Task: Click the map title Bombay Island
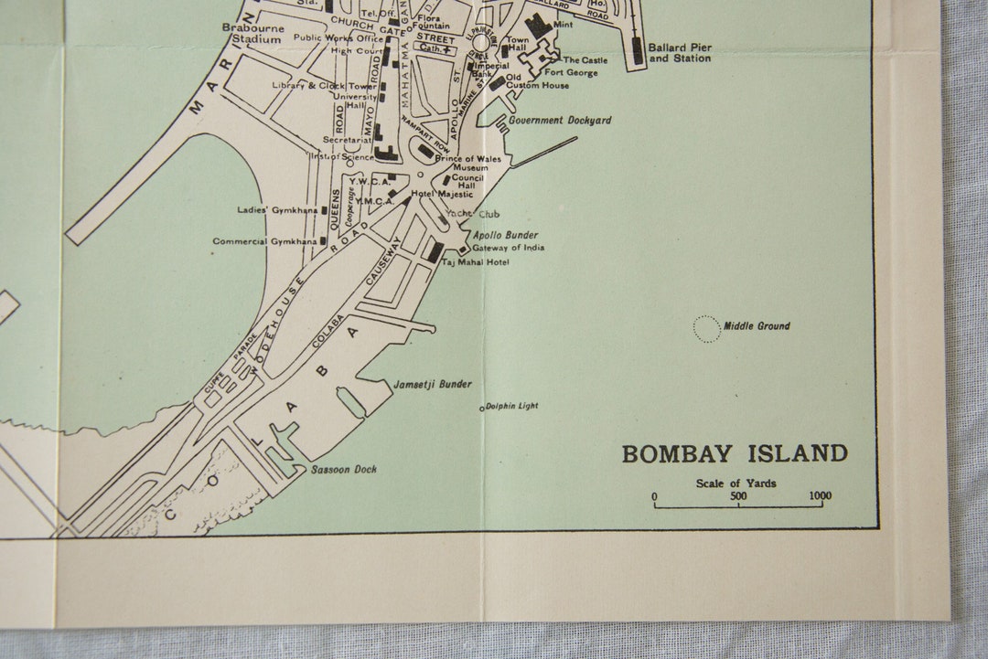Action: [x=735, y=453]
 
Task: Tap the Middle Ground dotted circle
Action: [x=706, y=328]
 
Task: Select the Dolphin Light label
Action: [x=511, y=406]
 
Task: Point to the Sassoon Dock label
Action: [x=343, y=470]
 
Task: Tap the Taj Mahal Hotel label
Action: [x=475, y=262]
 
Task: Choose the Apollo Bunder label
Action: [x=505, y=235]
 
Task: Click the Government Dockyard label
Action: [x=560, y=120]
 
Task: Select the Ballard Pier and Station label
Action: [x=679, y=52]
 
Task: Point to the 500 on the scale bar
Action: [x=738, y=496]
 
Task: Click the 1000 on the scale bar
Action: [x=820, y=496]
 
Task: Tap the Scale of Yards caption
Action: [x=736, y=483]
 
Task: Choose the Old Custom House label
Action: [x=537, y=81]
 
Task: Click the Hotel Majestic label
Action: [x=442, y=194]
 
